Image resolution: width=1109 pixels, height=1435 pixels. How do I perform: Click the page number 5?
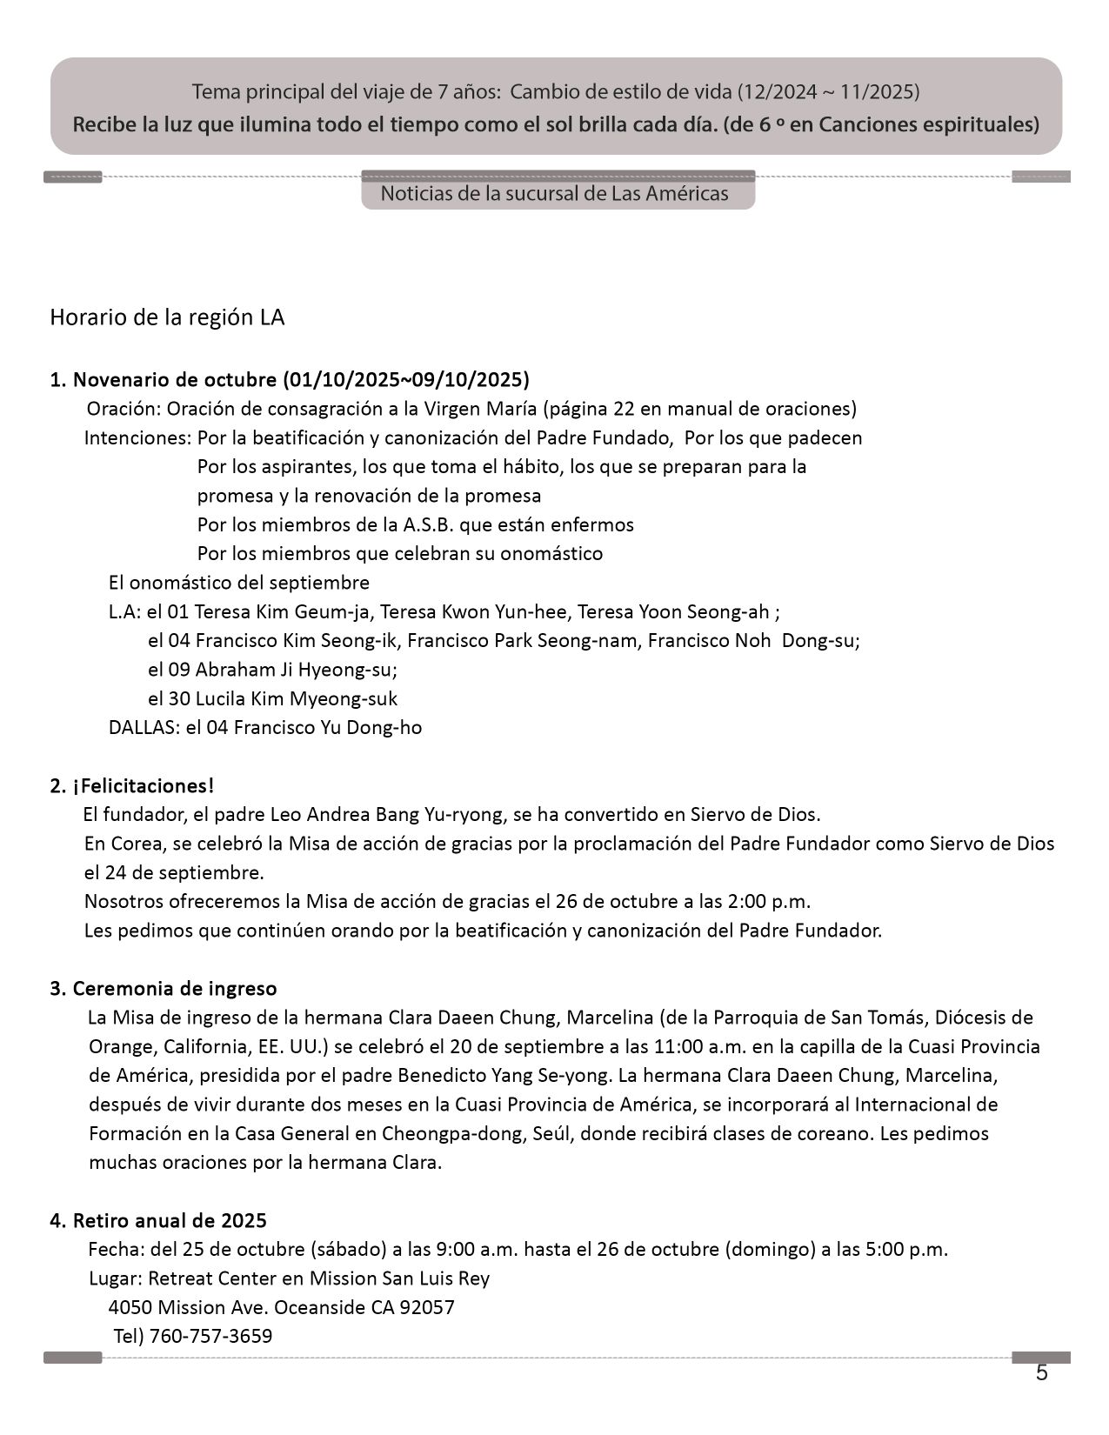point(1041,1373)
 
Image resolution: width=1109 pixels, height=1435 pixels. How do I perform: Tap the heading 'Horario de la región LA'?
point(167,317)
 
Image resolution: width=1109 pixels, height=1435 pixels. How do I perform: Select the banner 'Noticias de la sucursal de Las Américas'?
point(554,193)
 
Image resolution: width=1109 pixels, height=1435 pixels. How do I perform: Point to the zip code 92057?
point(426,1307)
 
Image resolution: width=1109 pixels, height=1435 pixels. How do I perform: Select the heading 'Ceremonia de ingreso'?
point(175,989)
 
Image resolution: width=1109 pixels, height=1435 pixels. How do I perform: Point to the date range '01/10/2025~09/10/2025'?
point(405,380)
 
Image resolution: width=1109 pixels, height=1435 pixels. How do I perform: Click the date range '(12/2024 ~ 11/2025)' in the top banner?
point(828,91)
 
